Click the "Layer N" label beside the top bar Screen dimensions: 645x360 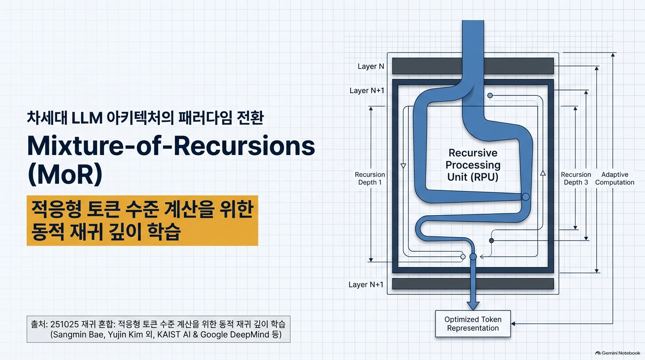[371, 67]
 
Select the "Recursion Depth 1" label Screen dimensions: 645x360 [370, 178]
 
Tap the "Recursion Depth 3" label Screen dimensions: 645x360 [576, 178]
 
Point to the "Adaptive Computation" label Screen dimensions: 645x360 [615, 178]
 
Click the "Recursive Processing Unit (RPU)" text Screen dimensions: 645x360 [473, 165]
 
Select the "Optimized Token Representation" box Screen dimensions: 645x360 [473, 324]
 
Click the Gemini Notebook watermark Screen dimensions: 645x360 [618, 353]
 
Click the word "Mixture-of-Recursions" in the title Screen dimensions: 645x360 [171, 146]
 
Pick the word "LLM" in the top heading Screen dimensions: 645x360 [87, 118]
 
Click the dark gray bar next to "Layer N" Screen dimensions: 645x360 [473, 66]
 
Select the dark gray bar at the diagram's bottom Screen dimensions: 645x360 [473, 284]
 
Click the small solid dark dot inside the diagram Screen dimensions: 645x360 [492, 240]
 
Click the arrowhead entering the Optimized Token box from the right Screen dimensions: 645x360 [513, 324]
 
